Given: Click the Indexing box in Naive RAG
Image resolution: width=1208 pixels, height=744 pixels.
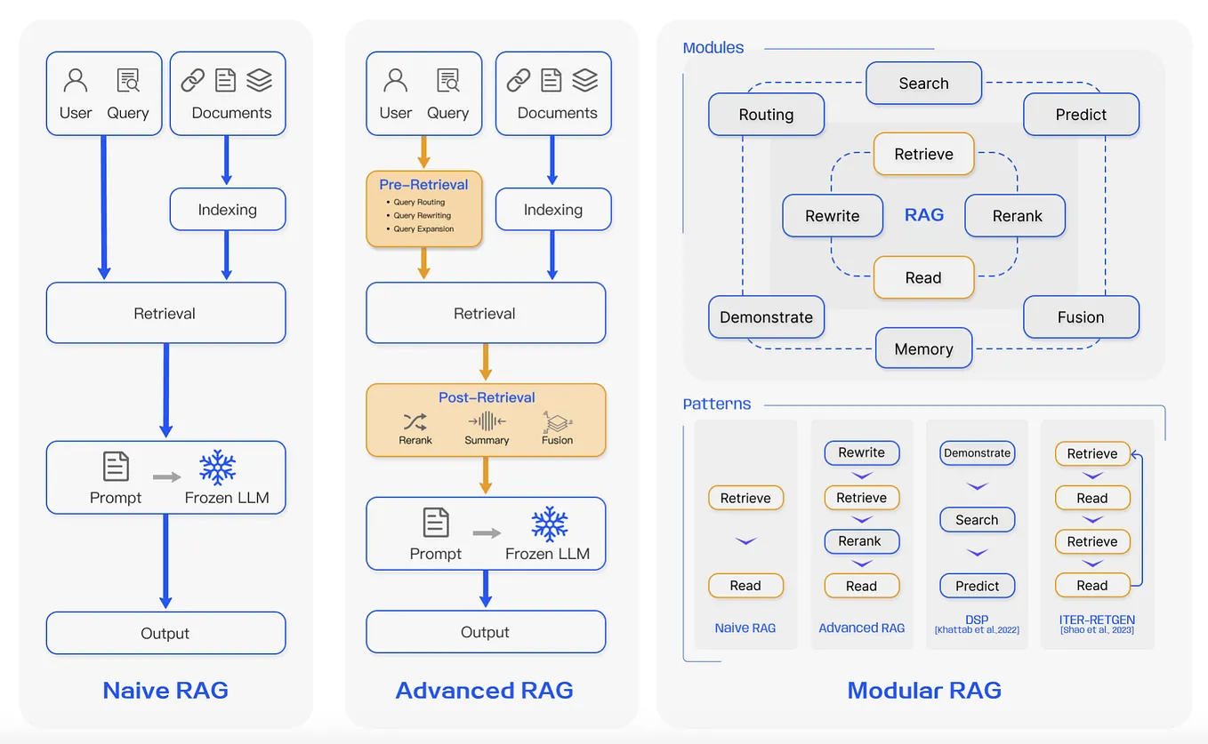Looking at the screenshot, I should (x=228, y=210).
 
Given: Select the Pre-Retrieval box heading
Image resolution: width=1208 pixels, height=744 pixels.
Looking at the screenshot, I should (x=423, y=185).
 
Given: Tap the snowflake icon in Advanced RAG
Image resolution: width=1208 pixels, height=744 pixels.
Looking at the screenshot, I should (x=549, y=524).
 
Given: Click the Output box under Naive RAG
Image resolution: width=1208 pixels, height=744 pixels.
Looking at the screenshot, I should (x=165, y=633).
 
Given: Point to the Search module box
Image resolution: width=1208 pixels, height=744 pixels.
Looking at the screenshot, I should (x=923, y=84).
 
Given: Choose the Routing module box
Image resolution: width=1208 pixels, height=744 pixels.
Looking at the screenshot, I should (x=766, y=115).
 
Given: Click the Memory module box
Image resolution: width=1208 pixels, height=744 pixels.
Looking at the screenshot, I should (x=923, y=349).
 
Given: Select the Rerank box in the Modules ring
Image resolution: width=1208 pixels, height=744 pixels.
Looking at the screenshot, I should (x=1016, y=216).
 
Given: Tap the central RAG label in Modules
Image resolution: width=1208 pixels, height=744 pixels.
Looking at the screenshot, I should (x=923, y=215).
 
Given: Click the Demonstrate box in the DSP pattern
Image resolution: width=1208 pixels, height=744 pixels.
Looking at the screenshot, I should (x=977, y=452).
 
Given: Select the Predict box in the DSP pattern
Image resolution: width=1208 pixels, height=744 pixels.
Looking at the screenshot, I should (x=977, y=586).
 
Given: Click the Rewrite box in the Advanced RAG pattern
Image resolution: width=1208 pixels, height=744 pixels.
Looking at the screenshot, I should (x=861, y=452).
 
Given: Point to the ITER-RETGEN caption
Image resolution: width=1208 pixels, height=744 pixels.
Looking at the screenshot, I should (x=1097, y=620).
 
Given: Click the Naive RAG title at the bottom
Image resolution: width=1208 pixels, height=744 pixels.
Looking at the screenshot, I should (x=165, y=690).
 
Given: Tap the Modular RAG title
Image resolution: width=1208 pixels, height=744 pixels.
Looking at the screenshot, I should (x=924, y=690).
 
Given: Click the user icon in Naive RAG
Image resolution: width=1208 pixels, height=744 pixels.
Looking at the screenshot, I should (x=76, y=82).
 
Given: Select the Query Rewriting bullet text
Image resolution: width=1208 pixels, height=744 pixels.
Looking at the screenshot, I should (x=423, y=215).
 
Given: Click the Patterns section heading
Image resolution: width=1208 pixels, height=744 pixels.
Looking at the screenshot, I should (x=717, y=404).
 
